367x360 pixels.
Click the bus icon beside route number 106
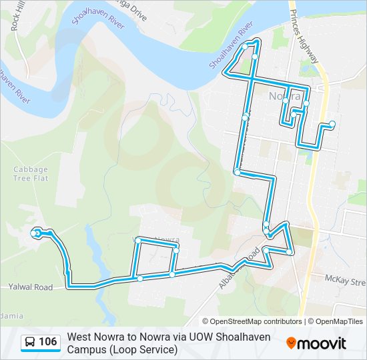click(x=31, y=343)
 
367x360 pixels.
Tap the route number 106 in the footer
click(x=48, y=343)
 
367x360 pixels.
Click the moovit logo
click(x=316, y=343)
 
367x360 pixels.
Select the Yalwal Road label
click(x=31, y=287)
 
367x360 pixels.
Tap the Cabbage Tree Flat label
click(x=31, y=174)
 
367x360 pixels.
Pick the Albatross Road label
click(x=238, y=267)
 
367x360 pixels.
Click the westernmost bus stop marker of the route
click(x=36, y=233)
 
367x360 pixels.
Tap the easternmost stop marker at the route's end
click(x=332, y=123)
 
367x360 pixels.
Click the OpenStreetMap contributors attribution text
click(x=252, y=321)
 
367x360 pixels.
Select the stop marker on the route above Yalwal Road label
click(x=67, y=271)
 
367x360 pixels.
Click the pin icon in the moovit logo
click(x=291, y=343)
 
